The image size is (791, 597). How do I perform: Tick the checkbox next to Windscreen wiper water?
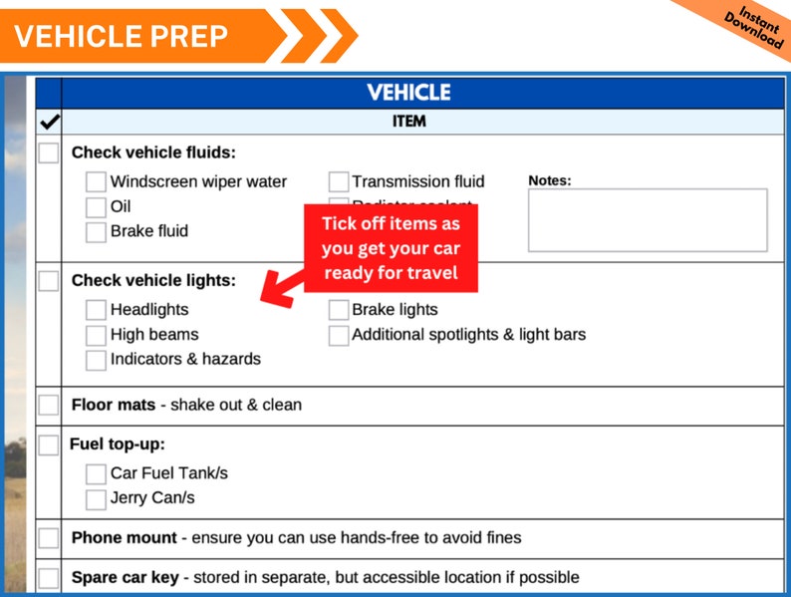click(x=96, y=182)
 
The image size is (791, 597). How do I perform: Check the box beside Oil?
click(x=96, y=207)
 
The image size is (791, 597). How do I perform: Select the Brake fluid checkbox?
click(x=96, y=232)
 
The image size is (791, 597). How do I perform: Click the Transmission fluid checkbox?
click(x=339, y=182)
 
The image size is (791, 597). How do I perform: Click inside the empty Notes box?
click(x=648, y=220)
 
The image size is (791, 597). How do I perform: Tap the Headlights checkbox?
click(x=96, y=311)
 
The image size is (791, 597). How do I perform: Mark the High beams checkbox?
click(x=96, y=336)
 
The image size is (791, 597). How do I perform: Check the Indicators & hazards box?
click(x=96, y=360)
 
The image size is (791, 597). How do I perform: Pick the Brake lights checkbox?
click(x=339, y=311)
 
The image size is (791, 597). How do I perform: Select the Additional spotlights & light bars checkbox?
click(x=339, y=336)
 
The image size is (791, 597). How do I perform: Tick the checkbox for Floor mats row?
click(x=49, y=406)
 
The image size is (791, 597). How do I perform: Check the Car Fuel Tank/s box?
click(x=96, y=474)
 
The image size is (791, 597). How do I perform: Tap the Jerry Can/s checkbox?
click(x=96, y=498)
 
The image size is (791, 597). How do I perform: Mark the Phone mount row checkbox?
click(x=49, y=538)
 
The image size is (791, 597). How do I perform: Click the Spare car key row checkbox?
click(x=49, y=578)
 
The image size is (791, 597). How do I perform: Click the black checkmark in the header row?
click(x=49, y=123)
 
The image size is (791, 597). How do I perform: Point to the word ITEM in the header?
click(x=409, y=122)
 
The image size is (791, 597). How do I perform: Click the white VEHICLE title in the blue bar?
click(x=408, y=93)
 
